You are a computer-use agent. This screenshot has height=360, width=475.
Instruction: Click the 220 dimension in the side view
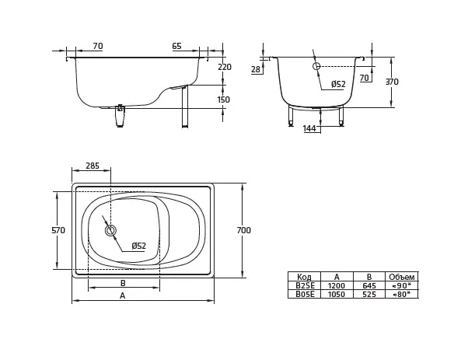click(224, 67)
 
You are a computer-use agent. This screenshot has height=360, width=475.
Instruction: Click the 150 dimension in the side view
click(223, 100)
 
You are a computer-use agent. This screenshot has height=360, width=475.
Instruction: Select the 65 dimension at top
click(176, 47)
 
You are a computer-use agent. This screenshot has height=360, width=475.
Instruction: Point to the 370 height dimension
click(392, 82)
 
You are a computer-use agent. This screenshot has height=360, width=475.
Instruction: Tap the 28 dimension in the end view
click(257, 70)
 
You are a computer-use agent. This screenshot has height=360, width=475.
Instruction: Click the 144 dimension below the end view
click(309, 128)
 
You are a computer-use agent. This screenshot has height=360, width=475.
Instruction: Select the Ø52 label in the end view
click(338, 84)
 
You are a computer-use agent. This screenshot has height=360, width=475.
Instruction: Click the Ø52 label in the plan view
click(138, 246)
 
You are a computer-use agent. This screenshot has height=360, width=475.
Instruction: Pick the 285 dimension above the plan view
click(92, 166)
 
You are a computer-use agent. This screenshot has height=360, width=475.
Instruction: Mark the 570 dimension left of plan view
click(58, 230)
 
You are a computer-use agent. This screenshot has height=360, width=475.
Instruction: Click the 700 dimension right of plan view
click(243, 230)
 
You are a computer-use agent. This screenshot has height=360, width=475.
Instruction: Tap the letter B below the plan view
click(123, 283)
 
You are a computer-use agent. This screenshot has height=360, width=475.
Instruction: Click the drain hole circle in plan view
click(110, 230)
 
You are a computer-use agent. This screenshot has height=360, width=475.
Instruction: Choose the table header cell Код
click(304, 277)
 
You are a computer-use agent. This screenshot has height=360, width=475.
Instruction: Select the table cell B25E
click(304, 285)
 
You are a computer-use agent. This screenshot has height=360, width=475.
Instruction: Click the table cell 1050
click(337, 294)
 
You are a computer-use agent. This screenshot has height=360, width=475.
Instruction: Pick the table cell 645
click(369, 285)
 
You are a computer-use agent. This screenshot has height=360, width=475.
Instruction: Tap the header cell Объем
click(402, 277)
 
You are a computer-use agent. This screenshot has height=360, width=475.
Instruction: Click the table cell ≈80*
click(402, 294)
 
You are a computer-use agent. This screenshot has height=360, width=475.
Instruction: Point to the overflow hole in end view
click(316, 67)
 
